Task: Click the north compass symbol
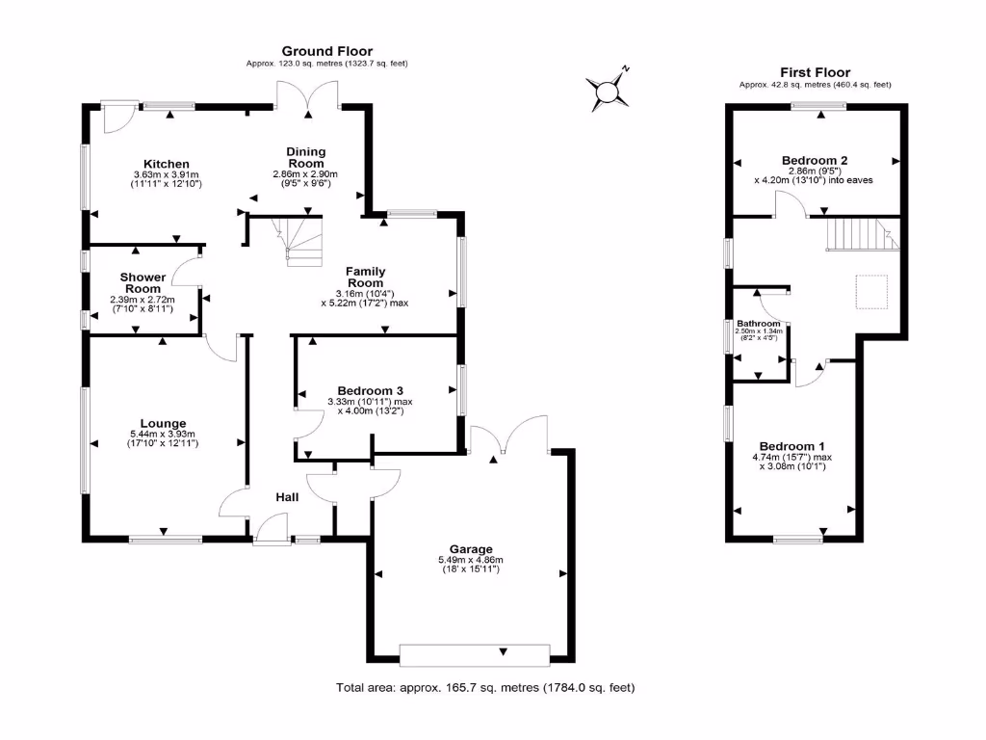click(609, 92)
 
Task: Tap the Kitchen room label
click(167, 164)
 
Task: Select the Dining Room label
click(306, 157)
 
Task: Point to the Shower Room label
click(143, 283)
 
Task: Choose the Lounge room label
click(162, 423)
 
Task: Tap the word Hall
click(286, 497)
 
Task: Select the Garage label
click(471, 548)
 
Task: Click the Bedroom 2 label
click(814, 160)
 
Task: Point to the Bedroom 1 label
click(791, 445)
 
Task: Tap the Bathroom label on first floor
click(758, 324)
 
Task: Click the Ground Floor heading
click(326, 51)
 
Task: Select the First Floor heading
click(815, 72)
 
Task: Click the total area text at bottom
click(484, 688)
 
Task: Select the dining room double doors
click(307, 96)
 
